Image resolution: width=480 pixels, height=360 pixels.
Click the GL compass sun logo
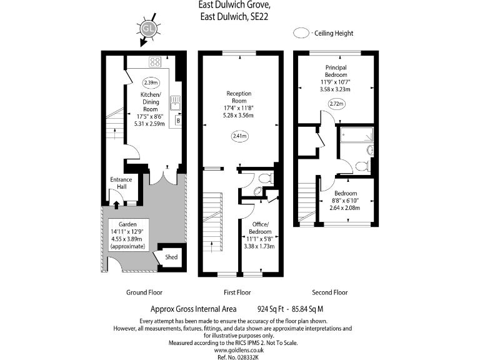[148, 28]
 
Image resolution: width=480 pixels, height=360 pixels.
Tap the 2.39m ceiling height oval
[151, 82]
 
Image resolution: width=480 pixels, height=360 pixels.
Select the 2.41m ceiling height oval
[239, 136]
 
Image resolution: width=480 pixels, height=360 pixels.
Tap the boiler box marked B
[178, 120]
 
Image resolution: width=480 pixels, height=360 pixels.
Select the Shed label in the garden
[171, 257]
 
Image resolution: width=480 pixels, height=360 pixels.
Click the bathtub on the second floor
[356, 134]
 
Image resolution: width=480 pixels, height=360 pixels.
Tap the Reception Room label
[239, 97]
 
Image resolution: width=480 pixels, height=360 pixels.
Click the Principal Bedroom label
[336, 71]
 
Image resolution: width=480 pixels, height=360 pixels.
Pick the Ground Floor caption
[144, 292]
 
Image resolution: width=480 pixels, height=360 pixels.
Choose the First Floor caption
[237, 292]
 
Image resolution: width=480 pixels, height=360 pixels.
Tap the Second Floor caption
[329, 292]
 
